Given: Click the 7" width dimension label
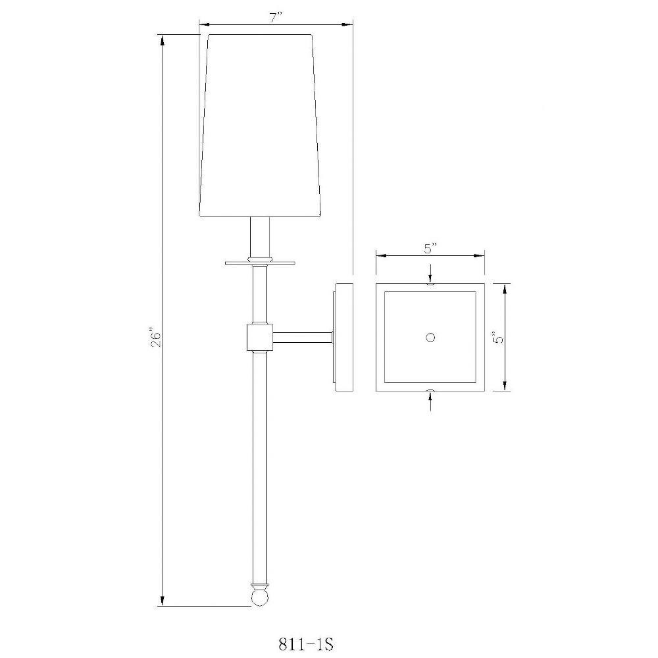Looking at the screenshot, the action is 276,18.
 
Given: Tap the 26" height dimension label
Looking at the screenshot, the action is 156,340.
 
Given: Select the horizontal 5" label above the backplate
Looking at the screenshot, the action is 430,249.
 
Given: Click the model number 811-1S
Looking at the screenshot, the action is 306,644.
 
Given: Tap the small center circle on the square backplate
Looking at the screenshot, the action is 430,337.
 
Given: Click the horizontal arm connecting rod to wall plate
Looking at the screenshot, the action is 303,338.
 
